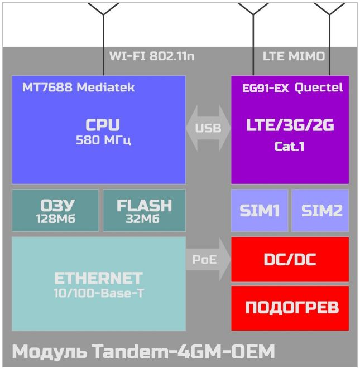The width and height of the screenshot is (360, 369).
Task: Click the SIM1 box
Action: tap(260, 210)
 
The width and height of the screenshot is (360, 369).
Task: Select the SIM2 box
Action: tap(320, 210)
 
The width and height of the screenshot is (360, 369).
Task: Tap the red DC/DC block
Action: tap(290, 259)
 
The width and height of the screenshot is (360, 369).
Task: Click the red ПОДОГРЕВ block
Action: tap(290, 308)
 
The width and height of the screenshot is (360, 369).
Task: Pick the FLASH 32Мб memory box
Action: tap(144, 210)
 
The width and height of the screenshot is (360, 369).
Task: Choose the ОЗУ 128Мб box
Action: tap(55, 210)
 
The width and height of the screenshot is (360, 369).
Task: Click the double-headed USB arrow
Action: tap(208, 128)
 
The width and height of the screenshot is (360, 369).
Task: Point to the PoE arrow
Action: tap(208, 259)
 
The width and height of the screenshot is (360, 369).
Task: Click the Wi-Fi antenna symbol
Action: tap(103, 39)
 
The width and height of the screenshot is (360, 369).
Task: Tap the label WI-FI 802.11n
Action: tap(152, 56)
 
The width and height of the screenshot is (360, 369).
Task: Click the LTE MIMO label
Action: tap(294, 56)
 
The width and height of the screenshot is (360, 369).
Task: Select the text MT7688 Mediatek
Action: tap(79, 88)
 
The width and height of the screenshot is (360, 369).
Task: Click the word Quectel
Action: tap(319, 88)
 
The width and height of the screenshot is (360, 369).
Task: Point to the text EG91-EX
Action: tap(265, 88)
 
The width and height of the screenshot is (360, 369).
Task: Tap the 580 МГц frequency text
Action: tap(103, 140)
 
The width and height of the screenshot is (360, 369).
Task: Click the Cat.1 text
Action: tap(289, 147)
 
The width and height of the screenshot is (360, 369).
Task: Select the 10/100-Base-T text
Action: tap(98, 293)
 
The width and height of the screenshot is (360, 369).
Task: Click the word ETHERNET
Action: tap(98, 278)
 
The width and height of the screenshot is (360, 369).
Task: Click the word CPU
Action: tap(103, 125)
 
